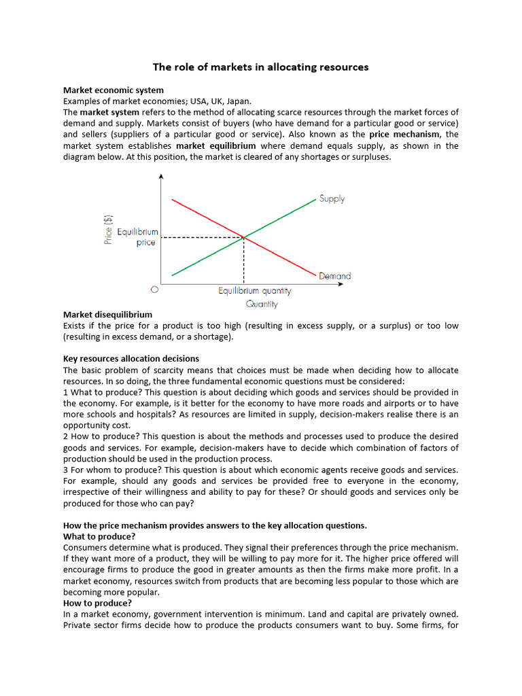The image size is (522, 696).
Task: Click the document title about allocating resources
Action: tap(260, 67)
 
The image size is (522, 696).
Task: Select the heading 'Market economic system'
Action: tap(113, 90)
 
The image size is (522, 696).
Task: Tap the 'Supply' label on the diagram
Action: tap(332, 199)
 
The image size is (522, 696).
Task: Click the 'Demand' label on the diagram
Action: tap(334, 276)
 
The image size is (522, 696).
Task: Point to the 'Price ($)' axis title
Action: tap(108, 230)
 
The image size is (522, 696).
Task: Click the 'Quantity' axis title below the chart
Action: tap(262, 304)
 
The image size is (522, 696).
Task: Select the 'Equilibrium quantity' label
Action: tap(254, 291)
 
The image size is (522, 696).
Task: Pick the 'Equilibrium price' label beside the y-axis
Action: tap(138, 237)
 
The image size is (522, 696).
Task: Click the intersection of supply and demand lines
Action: tap(243, 237)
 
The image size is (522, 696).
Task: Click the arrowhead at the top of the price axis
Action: tap(161, 177)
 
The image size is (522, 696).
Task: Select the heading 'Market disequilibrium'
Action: tap(107, 315)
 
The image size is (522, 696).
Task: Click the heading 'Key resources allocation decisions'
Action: tap(131, 359)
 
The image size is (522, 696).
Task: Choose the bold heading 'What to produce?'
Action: tap(99, 536)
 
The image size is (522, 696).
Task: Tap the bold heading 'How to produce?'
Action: tap(98, 603)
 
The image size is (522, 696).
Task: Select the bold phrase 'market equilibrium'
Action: tap(215, 145)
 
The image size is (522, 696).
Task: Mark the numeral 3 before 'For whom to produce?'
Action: tap(66, 470)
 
